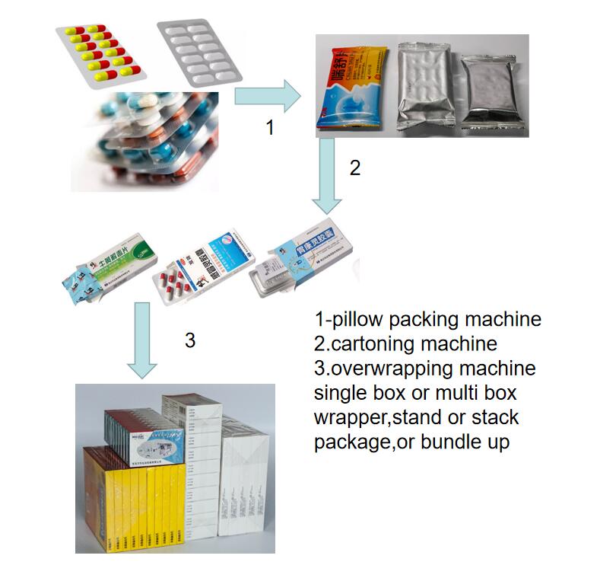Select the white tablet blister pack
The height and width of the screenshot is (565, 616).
click(198, 51)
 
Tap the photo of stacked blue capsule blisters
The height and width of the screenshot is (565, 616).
click(144, 141)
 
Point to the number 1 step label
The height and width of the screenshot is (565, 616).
click(269, 129)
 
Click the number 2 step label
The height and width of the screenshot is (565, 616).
click(354, 168)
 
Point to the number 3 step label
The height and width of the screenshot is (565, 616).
click(190, 340)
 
